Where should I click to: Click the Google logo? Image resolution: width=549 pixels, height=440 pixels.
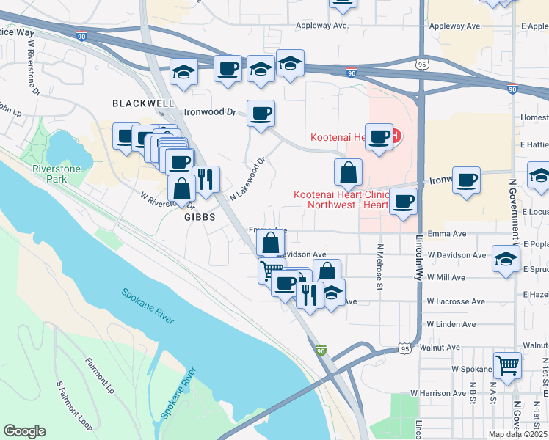(25, 431)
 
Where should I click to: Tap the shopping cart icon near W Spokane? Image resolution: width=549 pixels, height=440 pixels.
(507, 364)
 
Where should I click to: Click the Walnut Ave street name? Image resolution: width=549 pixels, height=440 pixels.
(440, 347)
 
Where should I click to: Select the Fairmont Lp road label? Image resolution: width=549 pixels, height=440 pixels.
(100, 373)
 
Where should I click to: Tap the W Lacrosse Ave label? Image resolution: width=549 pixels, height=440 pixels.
(457, 301)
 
